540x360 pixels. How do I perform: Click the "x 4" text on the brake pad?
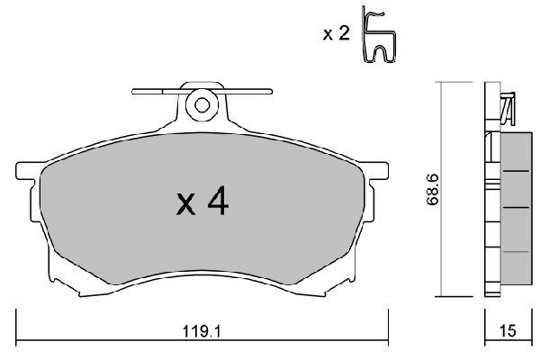pos(202,204)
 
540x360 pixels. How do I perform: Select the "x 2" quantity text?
pos(336,35)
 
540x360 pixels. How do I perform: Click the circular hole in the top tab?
pos(202,104)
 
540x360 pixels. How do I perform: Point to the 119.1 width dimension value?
pos(202,331)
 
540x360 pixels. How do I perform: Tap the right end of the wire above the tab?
pos(269,91)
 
